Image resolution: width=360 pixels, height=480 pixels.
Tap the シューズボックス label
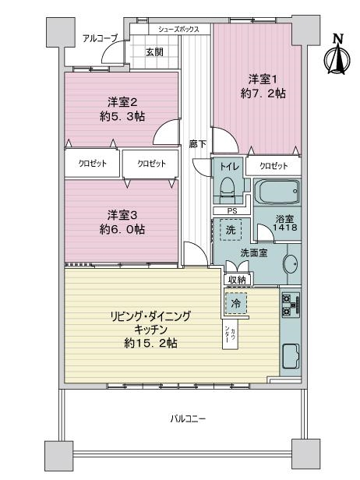point(178,29)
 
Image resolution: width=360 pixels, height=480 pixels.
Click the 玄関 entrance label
point(154,52)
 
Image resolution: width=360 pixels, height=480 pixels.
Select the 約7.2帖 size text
point(263,94)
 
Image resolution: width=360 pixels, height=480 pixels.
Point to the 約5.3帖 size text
point(122,116)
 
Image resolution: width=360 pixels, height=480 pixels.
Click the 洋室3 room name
point(122,215)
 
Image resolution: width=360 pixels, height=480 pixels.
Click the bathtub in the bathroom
point(277,192)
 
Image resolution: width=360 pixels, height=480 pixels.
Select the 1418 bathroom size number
point(285,228)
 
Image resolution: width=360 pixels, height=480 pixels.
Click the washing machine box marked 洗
point(231,230)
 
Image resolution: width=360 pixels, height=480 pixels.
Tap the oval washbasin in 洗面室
point(290,263)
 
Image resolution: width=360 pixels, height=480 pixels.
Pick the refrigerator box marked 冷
point(235,303)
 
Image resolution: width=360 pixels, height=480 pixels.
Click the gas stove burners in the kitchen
point(291,305)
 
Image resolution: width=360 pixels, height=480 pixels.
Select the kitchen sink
point(291,356)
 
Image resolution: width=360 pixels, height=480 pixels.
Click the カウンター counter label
point(230,335)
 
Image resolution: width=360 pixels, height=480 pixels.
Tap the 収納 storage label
point(237,280)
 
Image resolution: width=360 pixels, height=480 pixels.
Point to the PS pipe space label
point(232,211)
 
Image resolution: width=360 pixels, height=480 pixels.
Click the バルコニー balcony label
point(188,418)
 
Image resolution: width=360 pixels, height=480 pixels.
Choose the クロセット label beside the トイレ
point(274,166)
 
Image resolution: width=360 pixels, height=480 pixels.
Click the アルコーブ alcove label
point(100,39)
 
